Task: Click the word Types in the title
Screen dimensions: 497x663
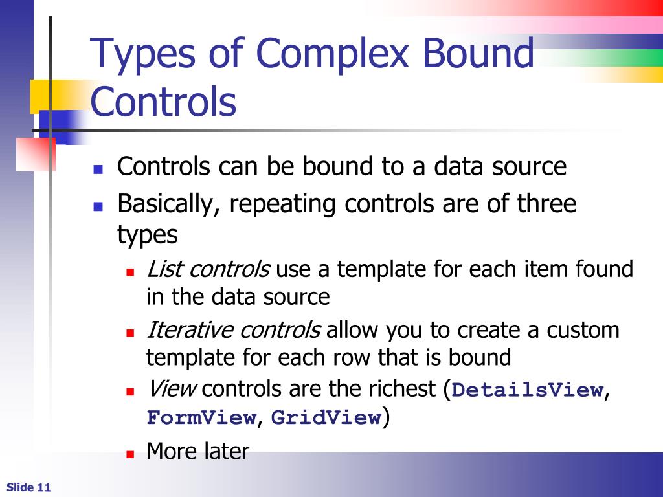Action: tap(143, 54)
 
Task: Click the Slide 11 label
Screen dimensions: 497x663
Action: tap(28, 487)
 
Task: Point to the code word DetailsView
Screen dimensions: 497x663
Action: tap(527, 390)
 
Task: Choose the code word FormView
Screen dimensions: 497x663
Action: tap(201, 418)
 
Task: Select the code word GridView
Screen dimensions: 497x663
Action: tap(326, 418)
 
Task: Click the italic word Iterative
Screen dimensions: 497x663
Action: tap(190, 330)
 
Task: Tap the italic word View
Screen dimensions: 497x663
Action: tap(171, 390)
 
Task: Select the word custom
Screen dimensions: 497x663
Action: tap(583, 330)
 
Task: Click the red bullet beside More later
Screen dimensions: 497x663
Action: tap(129, 453)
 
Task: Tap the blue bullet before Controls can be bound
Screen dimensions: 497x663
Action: tap(98, 170)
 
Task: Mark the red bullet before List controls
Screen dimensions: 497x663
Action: tap(129, 272)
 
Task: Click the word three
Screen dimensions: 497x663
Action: tap(546, 204)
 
